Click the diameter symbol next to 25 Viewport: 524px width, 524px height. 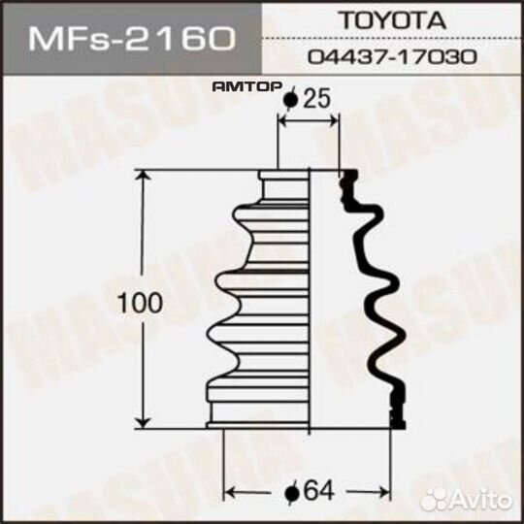point(289,99)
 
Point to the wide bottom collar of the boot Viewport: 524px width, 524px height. point(257,412)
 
